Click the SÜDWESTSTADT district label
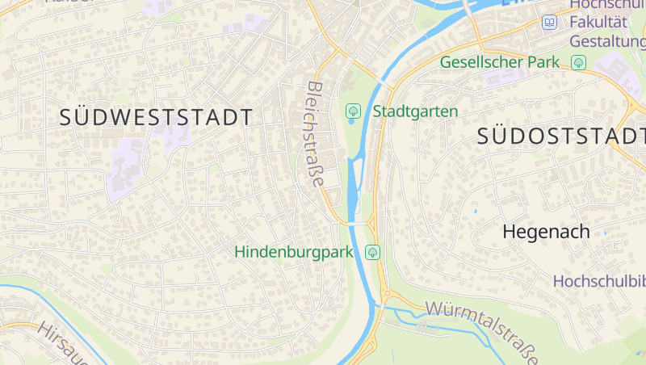pyautogui.click(x=156, y=117)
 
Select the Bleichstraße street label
pyautogui.click(x=316, y=134)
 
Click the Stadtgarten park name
pyautogui.click(x=415, y=111)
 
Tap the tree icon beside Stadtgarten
pyautogui.click(x=353, y=110)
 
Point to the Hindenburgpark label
pyautogui.click(x=294, y=252)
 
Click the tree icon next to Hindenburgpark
pyautogui.click(x=373, y=252)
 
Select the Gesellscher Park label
pyautogui.click(x=500, y=62)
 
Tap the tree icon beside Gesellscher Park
pyautogui.click(x=578, y=62)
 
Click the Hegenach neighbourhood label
pyautogui.click(x=546, y=232)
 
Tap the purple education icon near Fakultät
pyautogui.click(x=550, y=22)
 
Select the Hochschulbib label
pyautogui.click(x=599, y=281)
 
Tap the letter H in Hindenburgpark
pyautogui.click(x=241, y=252)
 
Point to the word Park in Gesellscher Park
pyautogui.click(x=543, y=62)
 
